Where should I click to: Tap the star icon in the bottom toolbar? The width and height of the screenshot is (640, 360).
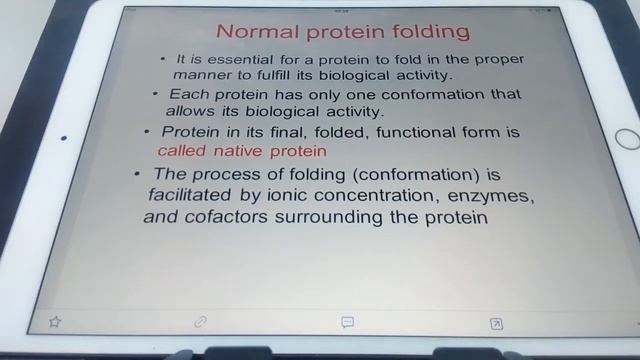coord(55,321)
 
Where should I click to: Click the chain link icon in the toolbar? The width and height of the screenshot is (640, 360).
coord(200,321)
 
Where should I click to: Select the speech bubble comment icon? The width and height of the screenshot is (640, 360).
coord(347,322)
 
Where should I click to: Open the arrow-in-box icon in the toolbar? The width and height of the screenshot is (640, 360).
coord(495,322)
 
